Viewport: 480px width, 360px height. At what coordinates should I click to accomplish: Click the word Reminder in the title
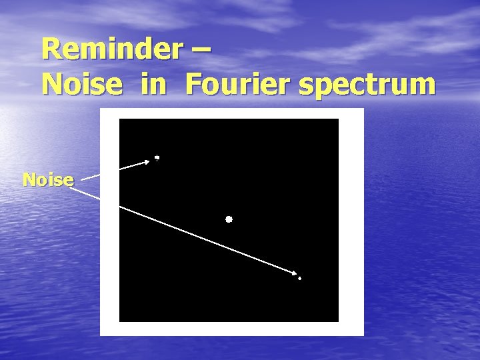click(110, 49)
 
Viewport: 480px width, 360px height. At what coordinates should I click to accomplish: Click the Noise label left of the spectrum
click(47, 179)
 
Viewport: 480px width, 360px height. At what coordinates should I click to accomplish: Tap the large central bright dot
click(229, 219)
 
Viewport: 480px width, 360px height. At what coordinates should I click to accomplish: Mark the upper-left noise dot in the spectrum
click(157, 158)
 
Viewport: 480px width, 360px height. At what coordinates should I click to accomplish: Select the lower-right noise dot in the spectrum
click(299, 278)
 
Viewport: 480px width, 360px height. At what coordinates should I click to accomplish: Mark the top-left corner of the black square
click(120, 120)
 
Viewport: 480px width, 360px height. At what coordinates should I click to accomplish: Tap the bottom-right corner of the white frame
click(363, 335)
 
